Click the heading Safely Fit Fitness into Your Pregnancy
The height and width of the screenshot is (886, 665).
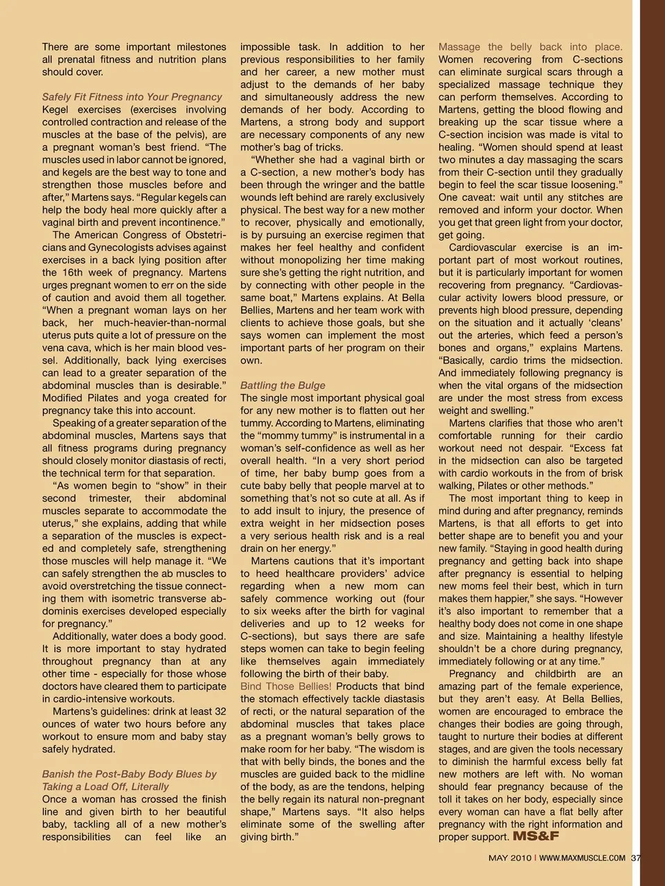[x=132, y=97]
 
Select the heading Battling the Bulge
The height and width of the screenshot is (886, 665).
[x=283, y=386]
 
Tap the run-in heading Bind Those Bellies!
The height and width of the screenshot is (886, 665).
[x=286, y=687]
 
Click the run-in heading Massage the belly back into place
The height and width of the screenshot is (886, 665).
[x=530, y=47]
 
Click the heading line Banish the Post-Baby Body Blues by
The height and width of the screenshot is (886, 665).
[x=129, y=775]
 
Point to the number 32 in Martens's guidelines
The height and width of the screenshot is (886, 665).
[x=220, y=712]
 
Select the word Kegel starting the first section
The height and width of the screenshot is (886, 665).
[x=56, y=109]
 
